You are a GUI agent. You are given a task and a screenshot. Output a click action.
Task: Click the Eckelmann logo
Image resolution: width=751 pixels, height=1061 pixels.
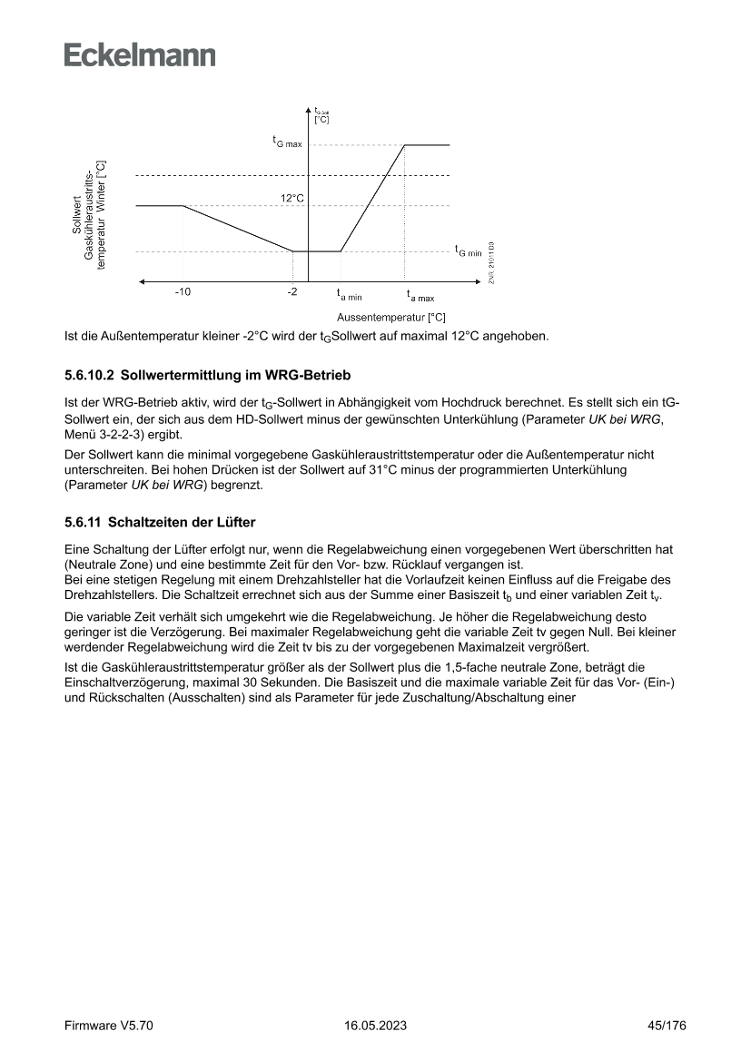click(x=140, y=54)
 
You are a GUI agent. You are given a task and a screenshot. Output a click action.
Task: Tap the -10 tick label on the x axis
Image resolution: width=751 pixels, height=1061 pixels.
click(x=183, y=292)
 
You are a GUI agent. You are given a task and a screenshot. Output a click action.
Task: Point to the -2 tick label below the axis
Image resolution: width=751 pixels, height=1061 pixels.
click(x=292, y=292)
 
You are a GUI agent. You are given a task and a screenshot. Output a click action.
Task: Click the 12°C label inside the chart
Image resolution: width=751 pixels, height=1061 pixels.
click(x=292, y=198)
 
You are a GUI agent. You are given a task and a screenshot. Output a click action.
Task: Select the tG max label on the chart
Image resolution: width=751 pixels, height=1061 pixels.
click(x=287, y=142)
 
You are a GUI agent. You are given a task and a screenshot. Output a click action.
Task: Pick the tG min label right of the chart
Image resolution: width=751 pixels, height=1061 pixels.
click(x=469, y=251)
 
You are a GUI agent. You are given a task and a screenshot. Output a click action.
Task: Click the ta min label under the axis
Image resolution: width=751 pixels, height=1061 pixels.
click(x=349, y=295)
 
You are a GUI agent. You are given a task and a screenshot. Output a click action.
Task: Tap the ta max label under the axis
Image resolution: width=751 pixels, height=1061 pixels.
click(x=420, y=295)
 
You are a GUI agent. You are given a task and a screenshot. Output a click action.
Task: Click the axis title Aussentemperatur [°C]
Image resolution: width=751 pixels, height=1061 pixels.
click(x=390, y=318)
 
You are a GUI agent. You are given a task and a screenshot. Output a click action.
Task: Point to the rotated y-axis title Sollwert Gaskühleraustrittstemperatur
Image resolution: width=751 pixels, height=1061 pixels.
click(x=89, y=216)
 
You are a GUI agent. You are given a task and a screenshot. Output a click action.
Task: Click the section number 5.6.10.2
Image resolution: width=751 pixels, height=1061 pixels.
click(x=90, y=374)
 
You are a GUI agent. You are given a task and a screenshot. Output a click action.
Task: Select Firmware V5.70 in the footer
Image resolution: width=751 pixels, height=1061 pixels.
click(x=109, y=1026)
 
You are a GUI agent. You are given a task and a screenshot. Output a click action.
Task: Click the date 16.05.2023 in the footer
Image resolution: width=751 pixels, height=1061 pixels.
click(x=375, y=1026)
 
